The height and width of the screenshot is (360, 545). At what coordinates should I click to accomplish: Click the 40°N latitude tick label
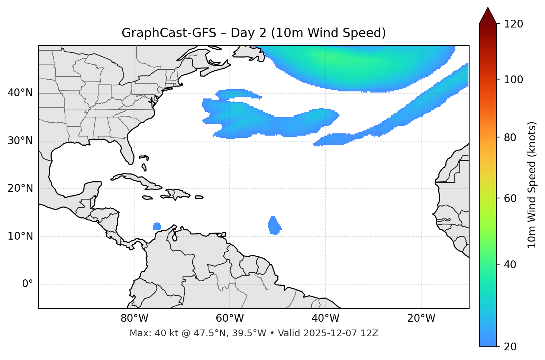pos(20,93)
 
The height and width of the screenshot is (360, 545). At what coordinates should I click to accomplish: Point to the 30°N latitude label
pos(20,141)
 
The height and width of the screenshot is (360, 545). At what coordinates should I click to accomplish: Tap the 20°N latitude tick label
pos(20,188)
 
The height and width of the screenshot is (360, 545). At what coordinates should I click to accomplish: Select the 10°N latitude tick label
pos(20,236)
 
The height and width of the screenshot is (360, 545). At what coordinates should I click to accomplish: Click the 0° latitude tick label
pos(28,284)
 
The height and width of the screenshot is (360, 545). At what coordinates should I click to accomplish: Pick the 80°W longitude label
pos(134,318)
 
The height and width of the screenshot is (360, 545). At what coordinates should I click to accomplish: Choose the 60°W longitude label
pos(230,318)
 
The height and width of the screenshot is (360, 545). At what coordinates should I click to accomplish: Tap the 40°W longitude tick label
pos(326,318)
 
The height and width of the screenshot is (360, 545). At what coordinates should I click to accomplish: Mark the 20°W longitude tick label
pos(421,318)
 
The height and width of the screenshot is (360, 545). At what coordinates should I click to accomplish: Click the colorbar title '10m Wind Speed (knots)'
pos(532,185)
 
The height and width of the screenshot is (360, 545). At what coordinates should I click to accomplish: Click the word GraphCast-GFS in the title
pos(169,33)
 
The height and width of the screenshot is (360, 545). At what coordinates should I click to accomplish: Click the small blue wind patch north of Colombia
pos(157,226)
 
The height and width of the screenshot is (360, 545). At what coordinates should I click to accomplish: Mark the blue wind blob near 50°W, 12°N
pos(274,226)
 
